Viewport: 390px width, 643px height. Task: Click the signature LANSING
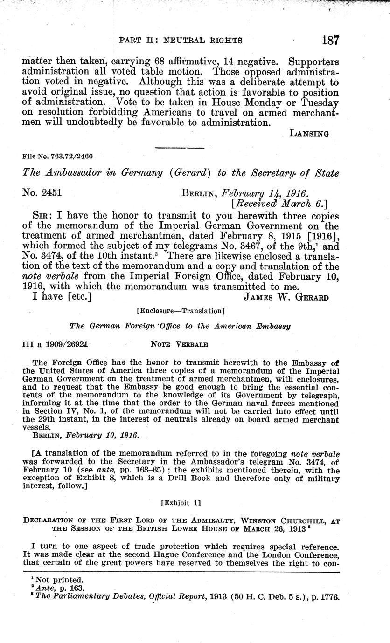309,133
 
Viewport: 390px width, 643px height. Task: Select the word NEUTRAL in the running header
182,41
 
